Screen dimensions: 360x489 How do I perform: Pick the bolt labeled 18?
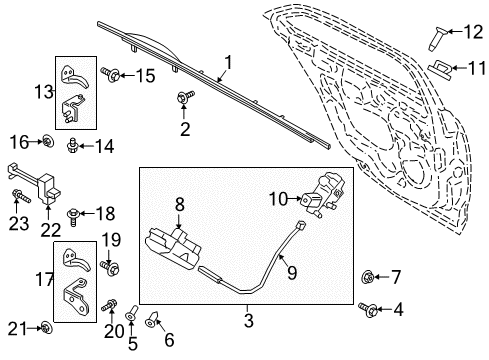[x=75, y=213]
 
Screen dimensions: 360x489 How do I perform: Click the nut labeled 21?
[x=47, y=328]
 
